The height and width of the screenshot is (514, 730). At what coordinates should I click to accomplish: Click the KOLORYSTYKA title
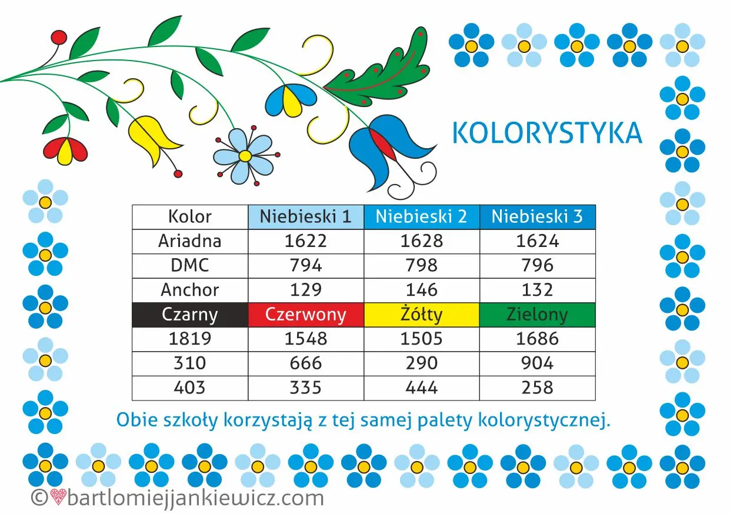click(548, 133)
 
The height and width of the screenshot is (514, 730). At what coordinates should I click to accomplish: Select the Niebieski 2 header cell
click(421, 217)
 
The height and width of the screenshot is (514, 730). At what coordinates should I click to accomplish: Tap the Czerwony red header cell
click(306, 315)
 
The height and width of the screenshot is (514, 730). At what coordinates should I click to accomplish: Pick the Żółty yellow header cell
click(421, 315)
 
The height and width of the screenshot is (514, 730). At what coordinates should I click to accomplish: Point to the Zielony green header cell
click(538, 315)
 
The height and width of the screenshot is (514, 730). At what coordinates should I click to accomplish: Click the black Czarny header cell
click(190, 315)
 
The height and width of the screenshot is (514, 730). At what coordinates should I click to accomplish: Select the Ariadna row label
click(190, 241)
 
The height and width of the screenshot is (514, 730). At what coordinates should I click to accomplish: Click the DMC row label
click(190, 266)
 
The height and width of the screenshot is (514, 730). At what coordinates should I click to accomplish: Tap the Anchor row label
click(190, 290)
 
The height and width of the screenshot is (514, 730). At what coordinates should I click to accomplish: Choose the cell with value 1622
click(306, 241)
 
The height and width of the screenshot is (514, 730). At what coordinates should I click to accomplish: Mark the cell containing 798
click(421, 266)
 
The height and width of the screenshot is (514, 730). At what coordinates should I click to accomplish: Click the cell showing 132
click(538, 290)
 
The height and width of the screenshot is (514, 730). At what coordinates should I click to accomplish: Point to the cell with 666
click(306, 363)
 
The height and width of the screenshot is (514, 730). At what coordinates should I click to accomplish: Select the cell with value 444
click(421, 388)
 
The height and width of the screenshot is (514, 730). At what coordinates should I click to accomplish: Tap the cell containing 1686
click(538, 339)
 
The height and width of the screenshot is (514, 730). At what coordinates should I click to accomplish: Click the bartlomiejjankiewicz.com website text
click(195, 499)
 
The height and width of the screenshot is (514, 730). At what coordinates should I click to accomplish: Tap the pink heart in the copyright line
click(58, 497)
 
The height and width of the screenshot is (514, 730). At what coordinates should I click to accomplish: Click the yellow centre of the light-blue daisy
click(245, 156)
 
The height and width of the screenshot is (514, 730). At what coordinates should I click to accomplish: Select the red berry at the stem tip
click(59, 37)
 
